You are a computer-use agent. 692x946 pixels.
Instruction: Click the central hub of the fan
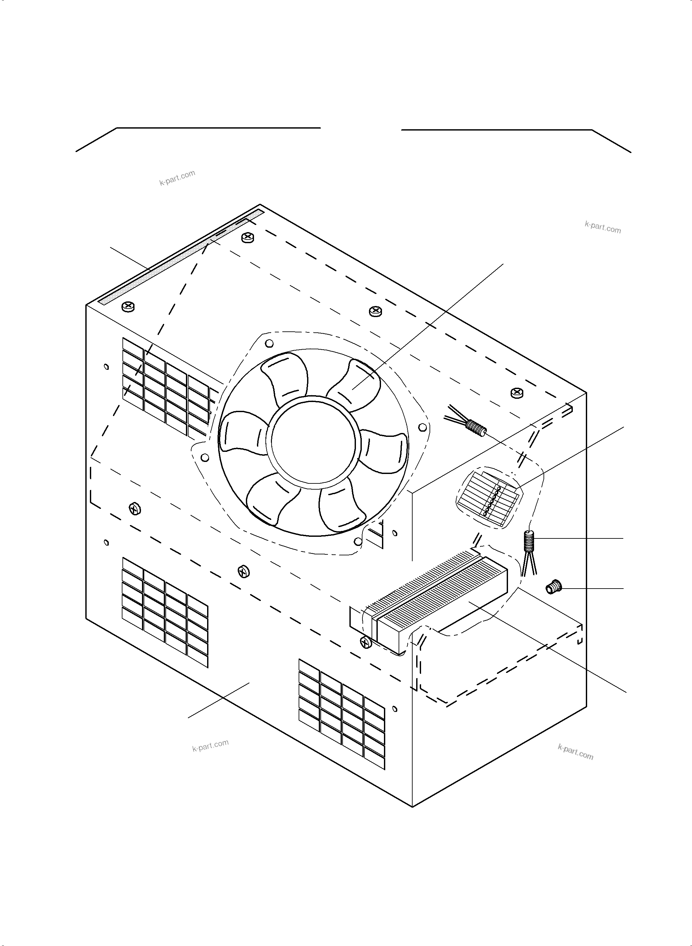point(313,442)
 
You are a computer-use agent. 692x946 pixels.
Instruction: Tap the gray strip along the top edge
point(180,257)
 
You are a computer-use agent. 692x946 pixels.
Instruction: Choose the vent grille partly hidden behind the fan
point(168,387)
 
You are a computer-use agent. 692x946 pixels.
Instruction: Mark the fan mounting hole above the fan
point(270,343)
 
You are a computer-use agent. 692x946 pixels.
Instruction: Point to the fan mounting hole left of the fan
point(205,457)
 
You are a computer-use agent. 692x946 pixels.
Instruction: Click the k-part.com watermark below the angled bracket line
point(177,177)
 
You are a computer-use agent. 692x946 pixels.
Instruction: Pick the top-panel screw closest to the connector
point(517,392)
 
